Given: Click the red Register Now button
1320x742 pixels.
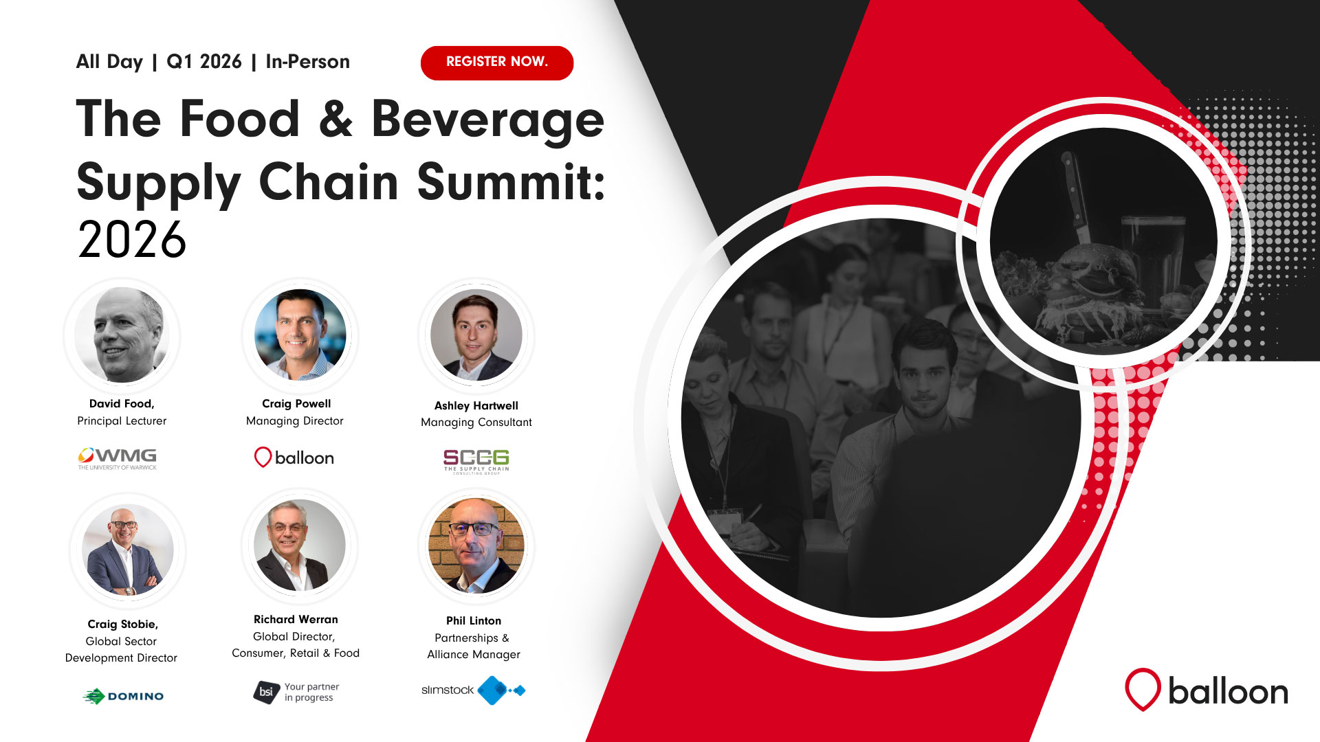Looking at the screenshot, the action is pyautogui.click(x=497, y=63).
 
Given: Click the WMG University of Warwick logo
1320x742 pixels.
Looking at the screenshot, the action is pyautogui.click(x=118, y=458).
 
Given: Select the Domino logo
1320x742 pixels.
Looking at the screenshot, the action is pyautogui.click(x=124, y=696).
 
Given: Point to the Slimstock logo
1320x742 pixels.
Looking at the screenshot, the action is pyautogui.click(x=474, y=690).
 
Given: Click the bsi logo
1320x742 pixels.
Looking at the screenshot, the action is pyautogui.click(x=296, y=692).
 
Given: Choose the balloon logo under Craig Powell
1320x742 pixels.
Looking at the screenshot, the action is pyautogui.click(x=294, y=458).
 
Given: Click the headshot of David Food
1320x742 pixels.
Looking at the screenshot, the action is pyautogui.click(x=122, y=335).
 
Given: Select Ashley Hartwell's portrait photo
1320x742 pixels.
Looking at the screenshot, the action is pyautogui.click(x=476, y=335).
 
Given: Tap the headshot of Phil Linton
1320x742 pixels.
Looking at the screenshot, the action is pyautogui.click(x=476, y=546).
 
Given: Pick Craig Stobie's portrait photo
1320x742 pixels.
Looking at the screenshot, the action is pyautogui.click(x=128, y=550).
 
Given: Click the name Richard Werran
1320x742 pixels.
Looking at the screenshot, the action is pyautogui.click(x=296, y=620).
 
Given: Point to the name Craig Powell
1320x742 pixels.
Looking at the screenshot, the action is pyautogui.click(x=296, y=404).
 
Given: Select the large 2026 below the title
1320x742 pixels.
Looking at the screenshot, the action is pyautogui.click(x=132, y=240).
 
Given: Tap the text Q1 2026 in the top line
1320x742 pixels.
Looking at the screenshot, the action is pyautogui.click(x=204, y=62).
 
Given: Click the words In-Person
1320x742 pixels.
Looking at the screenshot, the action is pyautogui.click(x=308, y=62).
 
